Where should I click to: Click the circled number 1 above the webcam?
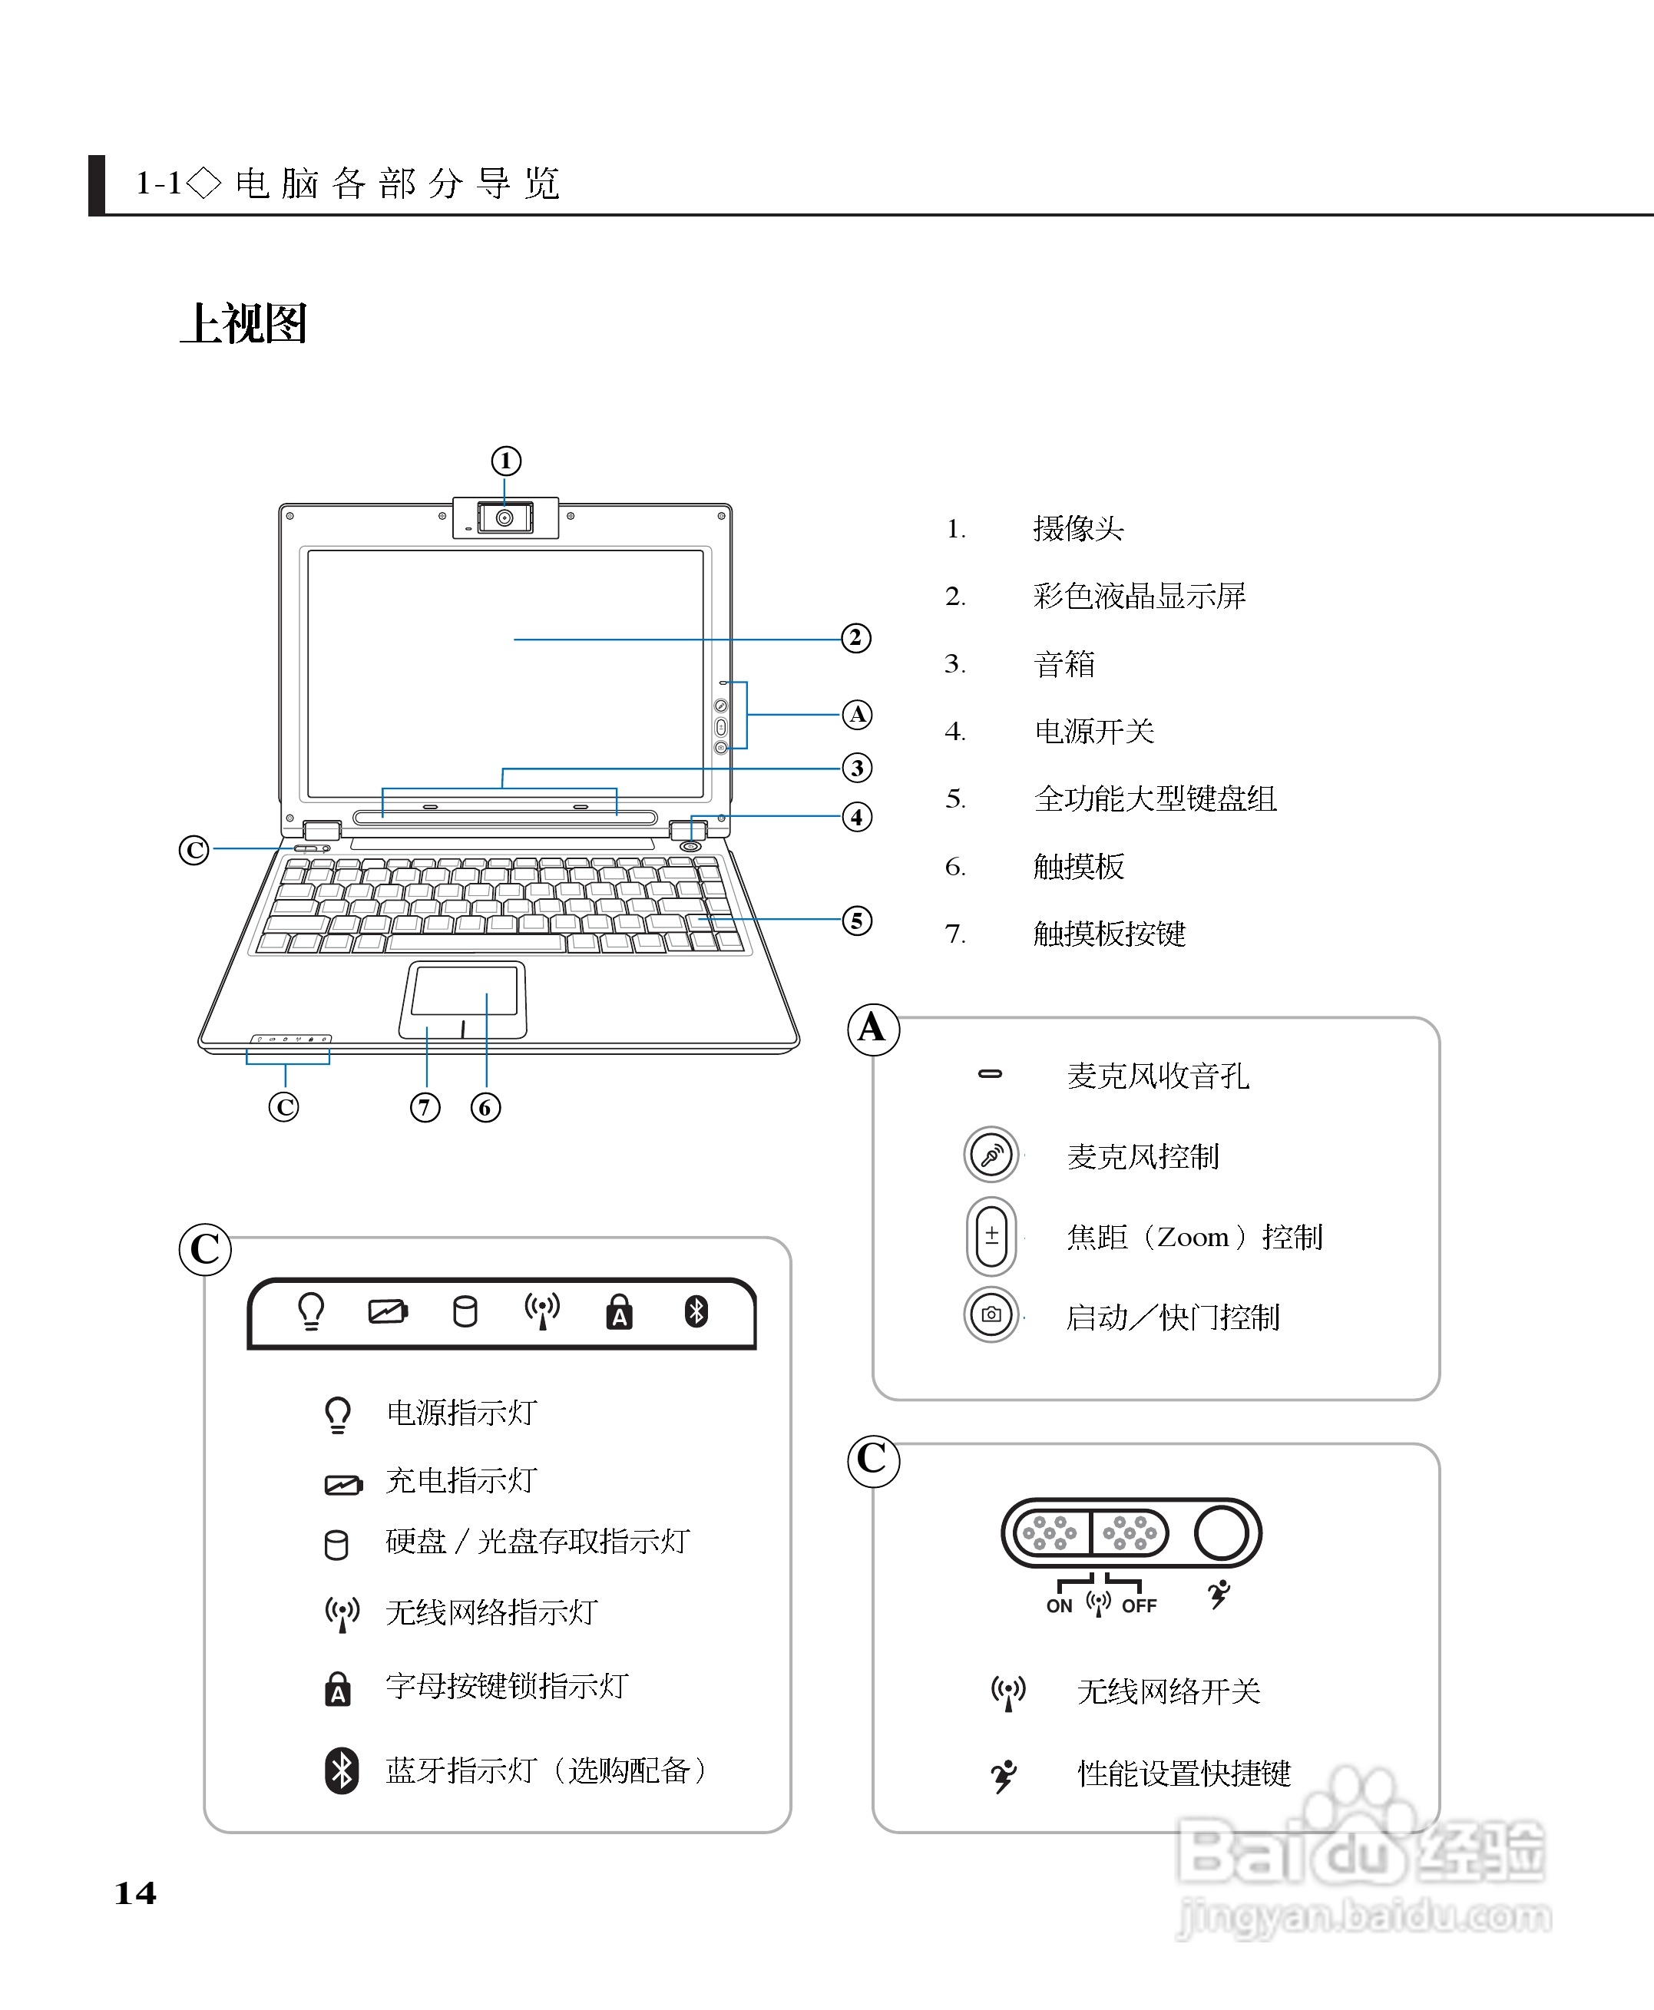(x=506, y=461)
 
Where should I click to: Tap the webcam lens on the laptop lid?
(x=505, y=518)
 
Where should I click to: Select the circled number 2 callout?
(x=855, y=638)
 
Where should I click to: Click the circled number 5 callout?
(x=856, y=921)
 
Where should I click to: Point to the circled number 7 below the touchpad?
(x=425, y=1107)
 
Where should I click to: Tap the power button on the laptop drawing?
(x=692, y=846)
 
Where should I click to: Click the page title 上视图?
(x=244, y=324)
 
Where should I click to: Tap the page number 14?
(x=135, y=1893)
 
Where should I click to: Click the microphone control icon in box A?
(x=991, y=1155)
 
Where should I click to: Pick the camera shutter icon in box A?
(x=991, y=1314)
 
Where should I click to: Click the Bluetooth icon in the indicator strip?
(x=696, y=1312)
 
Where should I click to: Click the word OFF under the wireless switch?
(x=1139, y=1606)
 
